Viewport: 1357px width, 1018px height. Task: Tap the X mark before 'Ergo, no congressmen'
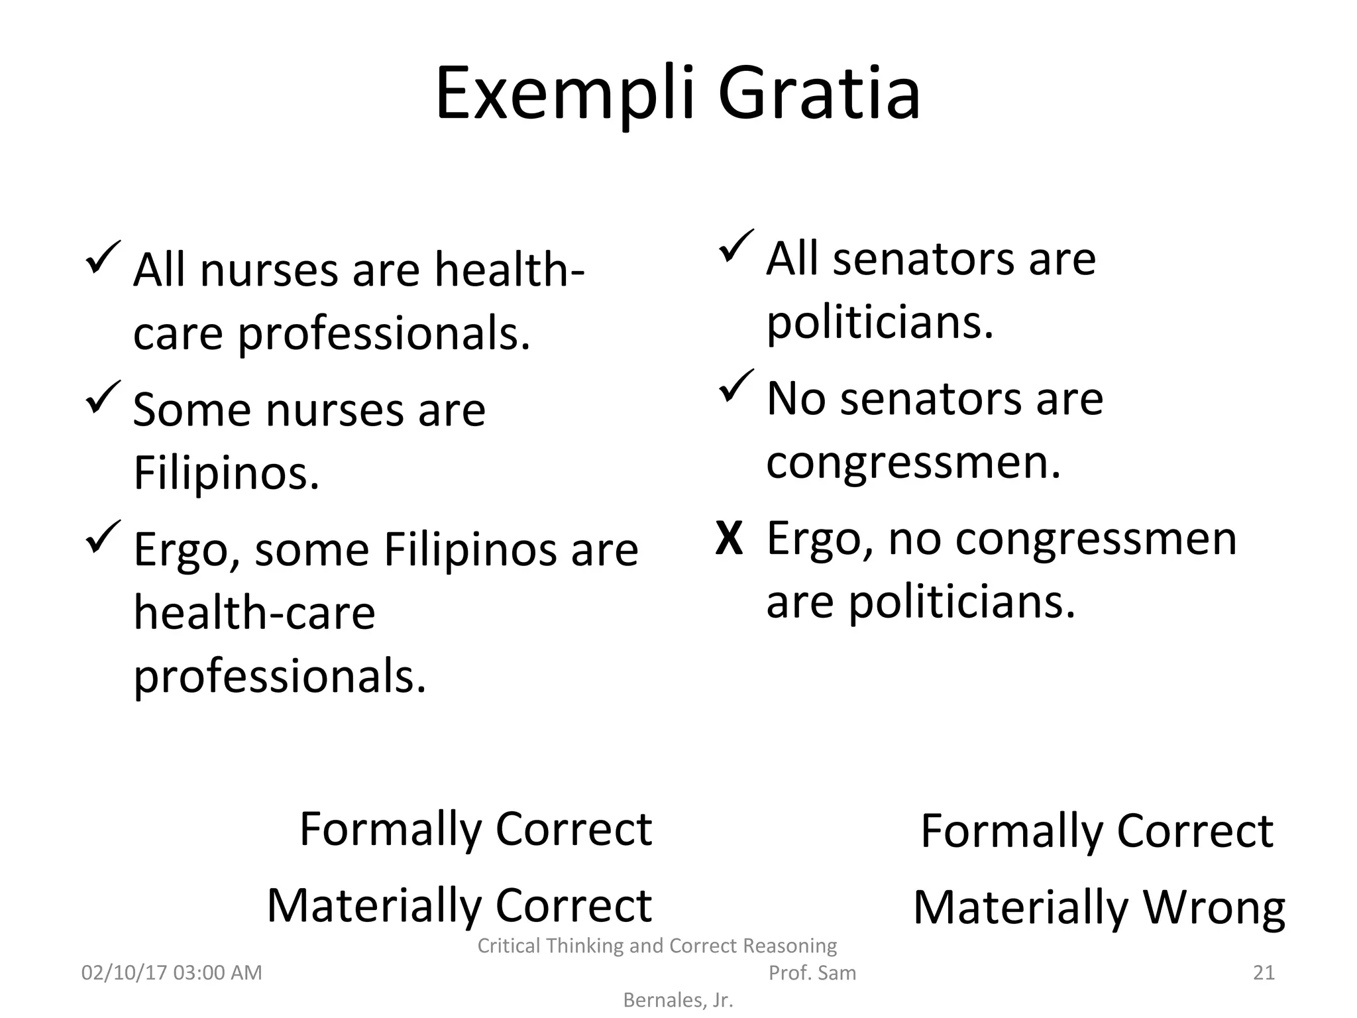click(x=729, y=539)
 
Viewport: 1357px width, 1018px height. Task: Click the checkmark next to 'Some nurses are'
click(x=103, y=397)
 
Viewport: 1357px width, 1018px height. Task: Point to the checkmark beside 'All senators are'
click(x=735, y=246)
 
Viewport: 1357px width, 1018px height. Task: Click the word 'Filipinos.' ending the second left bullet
click(x=226, y=473)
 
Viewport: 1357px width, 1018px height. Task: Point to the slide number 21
click(x=1264, y=972)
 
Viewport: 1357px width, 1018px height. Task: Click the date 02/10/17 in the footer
click(x=124, y=972)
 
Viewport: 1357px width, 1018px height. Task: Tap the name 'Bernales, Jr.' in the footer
click(x=678, y=1000)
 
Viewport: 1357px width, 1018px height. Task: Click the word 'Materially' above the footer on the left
click(x=374, y=905)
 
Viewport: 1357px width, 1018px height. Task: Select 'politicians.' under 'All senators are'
click(x=880, y=322)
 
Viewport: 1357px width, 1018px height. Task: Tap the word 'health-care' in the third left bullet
click(x=254, y=612)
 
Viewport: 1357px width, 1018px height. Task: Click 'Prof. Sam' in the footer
click(x=812, y=973)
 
